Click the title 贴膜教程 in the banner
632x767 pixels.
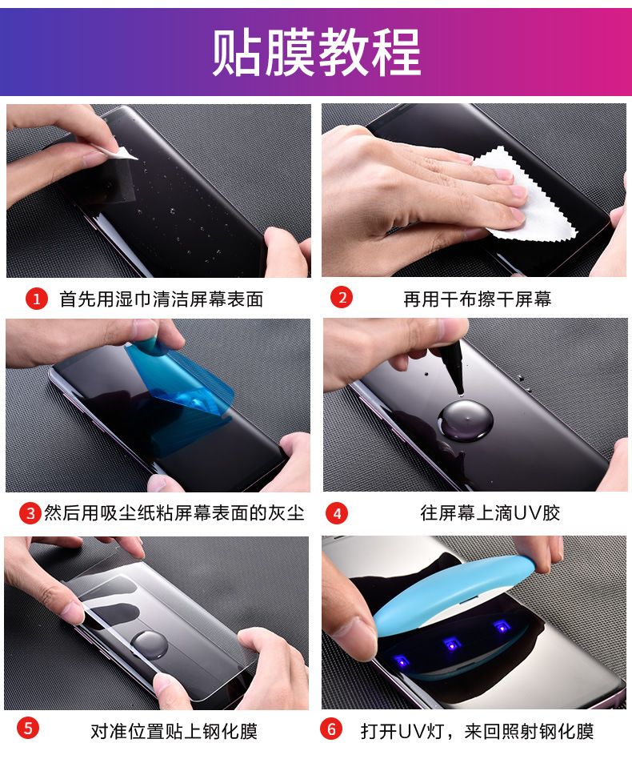316,52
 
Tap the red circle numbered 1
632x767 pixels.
36,299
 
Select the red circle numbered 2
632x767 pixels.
341,297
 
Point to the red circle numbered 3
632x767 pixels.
30,513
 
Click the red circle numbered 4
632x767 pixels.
337,513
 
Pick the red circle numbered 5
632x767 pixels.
28,729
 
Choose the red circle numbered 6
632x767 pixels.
331,729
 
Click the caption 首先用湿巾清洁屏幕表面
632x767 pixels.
162,299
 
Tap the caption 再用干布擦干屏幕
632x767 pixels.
478,299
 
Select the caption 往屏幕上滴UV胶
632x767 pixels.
490,513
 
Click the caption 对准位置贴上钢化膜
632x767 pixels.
174,731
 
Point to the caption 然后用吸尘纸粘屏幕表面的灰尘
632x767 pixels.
174,513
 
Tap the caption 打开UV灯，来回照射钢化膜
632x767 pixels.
477,731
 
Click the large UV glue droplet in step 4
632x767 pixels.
465,420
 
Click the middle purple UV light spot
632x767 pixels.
451,645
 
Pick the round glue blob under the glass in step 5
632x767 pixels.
150,645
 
